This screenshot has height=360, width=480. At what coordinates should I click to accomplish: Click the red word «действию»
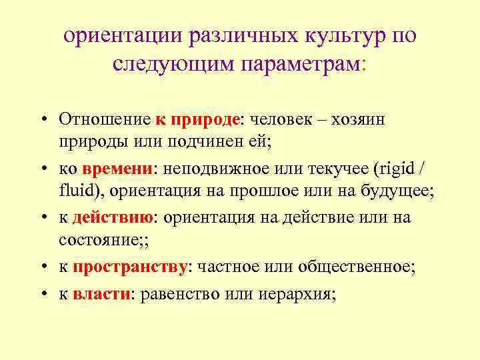tap(113, 217)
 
